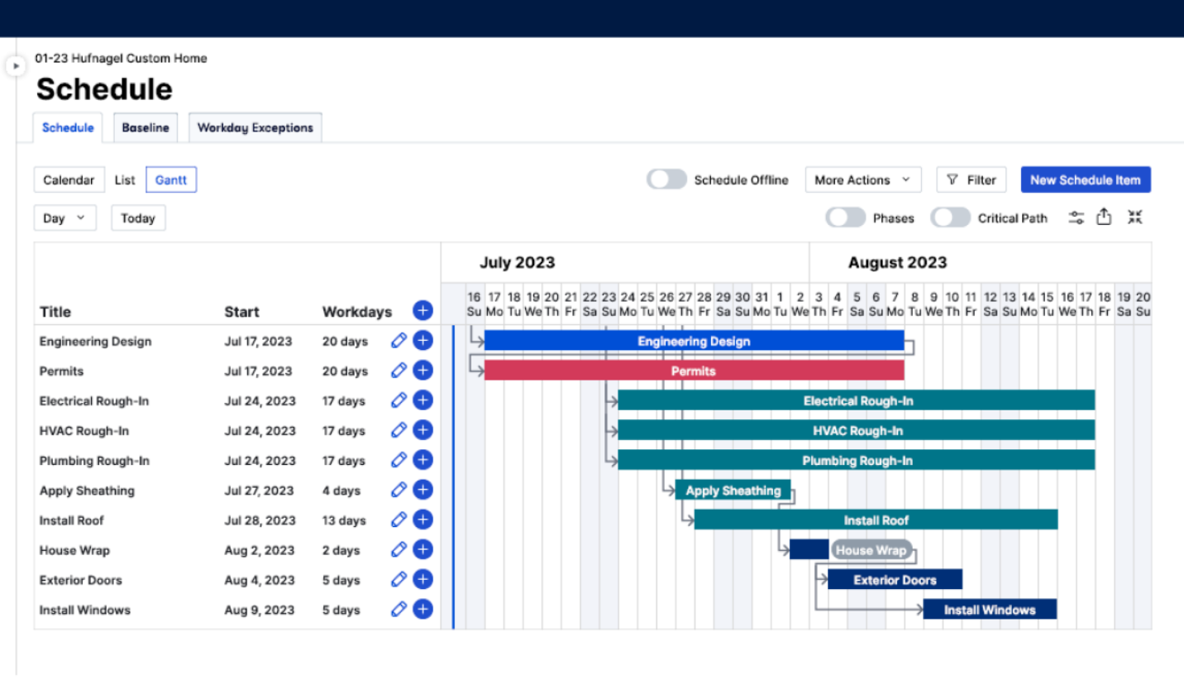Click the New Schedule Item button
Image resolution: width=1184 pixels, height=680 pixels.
pyautogui.click(x=1085, y=180)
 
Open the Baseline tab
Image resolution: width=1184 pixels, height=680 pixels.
pyautogui.click(x=146, y=127)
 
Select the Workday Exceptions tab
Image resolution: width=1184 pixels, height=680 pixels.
pyautogui.click(x=255, y=127)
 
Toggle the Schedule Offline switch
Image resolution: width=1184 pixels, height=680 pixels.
pyautogui.click(x=666, y=180)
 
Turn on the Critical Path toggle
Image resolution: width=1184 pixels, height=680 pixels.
pyautogui.click(x=950, y=218)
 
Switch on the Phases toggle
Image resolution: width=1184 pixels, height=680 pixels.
pyautogui.click(x=845, y=218)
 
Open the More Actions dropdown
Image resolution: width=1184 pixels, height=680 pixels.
pyautogui.click(x=862, y=180)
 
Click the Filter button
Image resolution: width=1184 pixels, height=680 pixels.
pyautogui.click(x=971, y=180)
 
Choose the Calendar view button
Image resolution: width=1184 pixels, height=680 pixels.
pyautogui.click(x=69, y=180)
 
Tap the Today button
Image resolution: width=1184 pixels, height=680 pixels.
pyautogui.click(x=138, y=218)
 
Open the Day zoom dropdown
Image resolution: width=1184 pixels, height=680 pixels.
pyautogui.click(x=64, y=218)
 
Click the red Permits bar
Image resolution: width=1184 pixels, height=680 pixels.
pyautogui.click(x=693, y=371)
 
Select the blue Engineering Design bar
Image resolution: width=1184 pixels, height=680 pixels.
pyautogui.click(x=693, y=341)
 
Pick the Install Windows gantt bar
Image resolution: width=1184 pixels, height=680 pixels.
pyautogui.click(x=989, y=610)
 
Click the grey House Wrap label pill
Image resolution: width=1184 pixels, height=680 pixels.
pyautogui.click(x=871, y=550)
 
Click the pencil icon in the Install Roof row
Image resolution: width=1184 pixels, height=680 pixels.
pyautogui.click(x=399, y=520)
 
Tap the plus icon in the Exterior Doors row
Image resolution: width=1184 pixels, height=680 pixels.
pyautogui.click(x=423, y=580)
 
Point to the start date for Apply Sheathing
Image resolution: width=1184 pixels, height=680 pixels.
pyautogui.click(x=259, y=491)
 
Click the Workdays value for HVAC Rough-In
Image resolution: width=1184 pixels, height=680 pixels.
pyautogui.click(x=343, y=431)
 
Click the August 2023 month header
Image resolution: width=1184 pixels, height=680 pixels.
pyautogui.click(x=897, y=263)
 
